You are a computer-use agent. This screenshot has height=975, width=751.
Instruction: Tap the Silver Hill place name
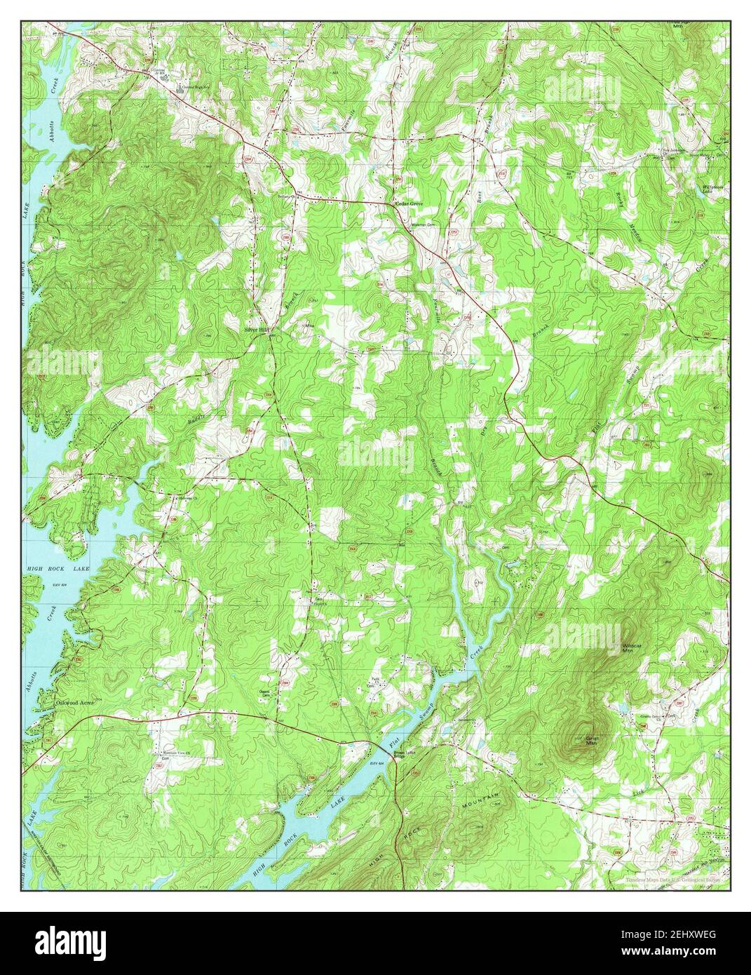coord(255,328)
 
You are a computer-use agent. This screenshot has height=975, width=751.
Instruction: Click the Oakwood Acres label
coord(75,701)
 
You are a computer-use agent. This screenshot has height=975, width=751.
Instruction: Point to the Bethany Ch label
coord(286,196)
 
